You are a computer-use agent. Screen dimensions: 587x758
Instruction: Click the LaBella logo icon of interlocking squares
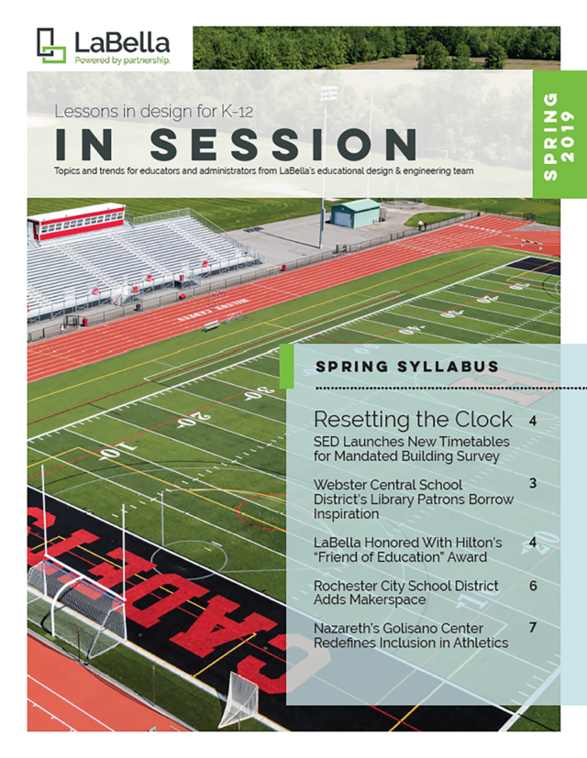tap(51, 46)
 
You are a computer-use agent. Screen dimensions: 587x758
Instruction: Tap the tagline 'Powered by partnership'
tap(122, 60)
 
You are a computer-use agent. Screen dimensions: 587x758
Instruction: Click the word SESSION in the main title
tap(283, 144)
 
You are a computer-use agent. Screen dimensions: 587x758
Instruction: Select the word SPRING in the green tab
tap(550, 137)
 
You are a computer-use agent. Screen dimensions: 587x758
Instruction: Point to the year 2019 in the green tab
tap(568, 137)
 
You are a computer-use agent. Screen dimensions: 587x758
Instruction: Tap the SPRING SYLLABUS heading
tap(407, 367)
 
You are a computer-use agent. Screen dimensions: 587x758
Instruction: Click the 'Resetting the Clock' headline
tap(413, 419)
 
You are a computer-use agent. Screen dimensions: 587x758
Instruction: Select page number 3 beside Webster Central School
tap(533, 483)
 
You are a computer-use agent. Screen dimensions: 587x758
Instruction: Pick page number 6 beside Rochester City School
tap(533, 586)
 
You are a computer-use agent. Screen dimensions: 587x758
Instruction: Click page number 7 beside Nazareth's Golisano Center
tap(533, 628)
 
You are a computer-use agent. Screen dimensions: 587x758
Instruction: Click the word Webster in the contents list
tap(339, 484)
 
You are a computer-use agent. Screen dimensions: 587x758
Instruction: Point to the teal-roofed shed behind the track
tap(356, 214)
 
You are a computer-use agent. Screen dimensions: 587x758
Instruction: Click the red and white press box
tap(76, 222)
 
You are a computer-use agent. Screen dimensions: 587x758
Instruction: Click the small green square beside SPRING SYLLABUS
tap(287, 366)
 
